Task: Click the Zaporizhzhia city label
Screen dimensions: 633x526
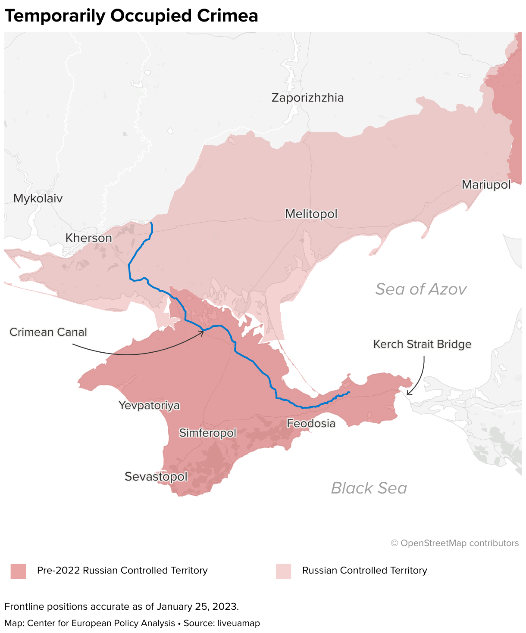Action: [307, 98]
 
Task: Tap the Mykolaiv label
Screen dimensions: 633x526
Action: [38, 199]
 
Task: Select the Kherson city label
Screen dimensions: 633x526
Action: [88, 238]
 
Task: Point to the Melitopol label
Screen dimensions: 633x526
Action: [311, 214]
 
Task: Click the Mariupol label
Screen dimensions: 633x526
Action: [486, 185]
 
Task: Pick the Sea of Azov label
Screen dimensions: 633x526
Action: [421, 289]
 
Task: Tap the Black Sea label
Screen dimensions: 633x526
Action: [369, 488]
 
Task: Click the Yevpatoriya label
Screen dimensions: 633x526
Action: [149, 406]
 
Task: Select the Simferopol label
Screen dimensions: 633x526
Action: [208, 433]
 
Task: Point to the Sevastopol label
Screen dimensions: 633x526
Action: [156, 477]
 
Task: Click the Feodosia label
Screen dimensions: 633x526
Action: [311, 424]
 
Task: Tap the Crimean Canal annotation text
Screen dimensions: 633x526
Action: [48, 332]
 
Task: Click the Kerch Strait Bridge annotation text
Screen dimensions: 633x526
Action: [422, 344]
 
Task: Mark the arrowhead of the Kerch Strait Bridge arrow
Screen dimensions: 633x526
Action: [408, 394]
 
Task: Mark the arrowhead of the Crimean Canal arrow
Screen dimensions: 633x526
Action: [203, 331]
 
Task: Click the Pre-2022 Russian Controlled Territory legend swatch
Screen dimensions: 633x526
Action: [19, 571]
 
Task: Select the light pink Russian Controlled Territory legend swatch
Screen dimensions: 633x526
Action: [283, 571]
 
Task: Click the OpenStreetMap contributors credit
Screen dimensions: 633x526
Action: [455, 543]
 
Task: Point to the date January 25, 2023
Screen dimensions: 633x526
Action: [197, 607]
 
